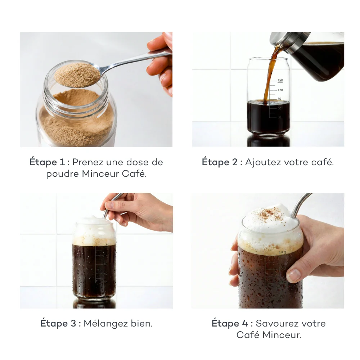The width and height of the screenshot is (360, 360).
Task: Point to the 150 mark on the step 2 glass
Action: point(280,80)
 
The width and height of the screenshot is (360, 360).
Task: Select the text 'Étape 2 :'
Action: point(221,162)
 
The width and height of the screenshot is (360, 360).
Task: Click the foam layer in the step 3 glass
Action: point(94,236)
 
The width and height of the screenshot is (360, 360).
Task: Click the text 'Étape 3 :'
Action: point(60,323)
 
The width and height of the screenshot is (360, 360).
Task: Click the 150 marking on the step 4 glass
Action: point(282,253)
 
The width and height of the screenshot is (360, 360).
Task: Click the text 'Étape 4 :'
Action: point(231,323)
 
